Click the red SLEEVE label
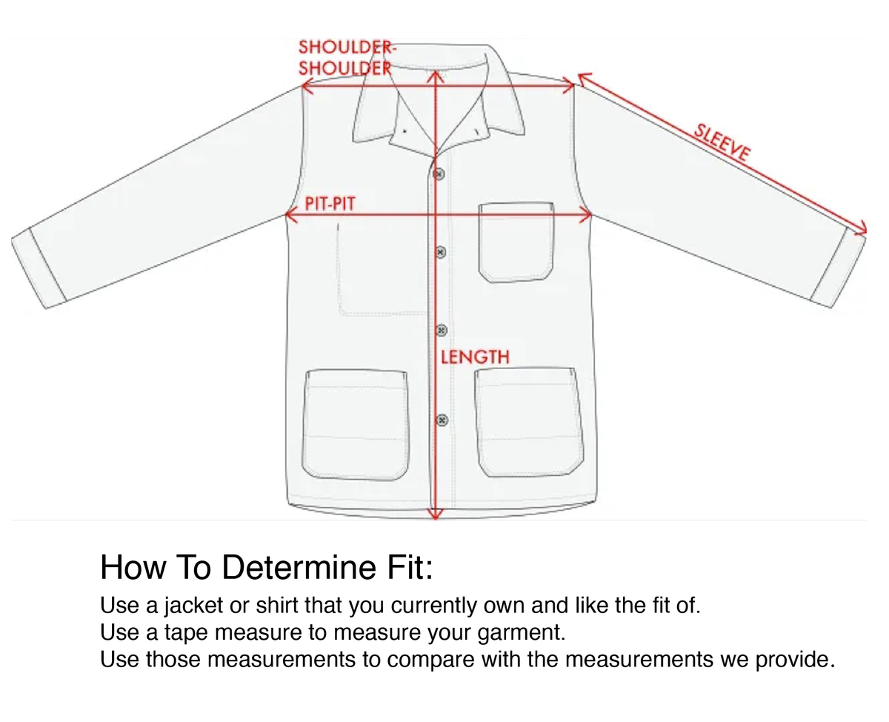coord(722,142)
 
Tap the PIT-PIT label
coord(330,204)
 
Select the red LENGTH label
coord(475,357)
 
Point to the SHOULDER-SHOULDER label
coord(346,58)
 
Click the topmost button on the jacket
coord(439,173)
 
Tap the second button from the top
coord(440,252)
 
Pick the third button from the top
coord(441,331)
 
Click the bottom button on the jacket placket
coord(442,420)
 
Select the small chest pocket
coord(516,242)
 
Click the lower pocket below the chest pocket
coord(529,422)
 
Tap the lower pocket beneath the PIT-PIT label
coord(355,425)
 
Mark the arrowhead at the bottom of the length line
coord(436,514)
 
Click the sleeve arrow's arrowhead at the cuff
coord(861,228)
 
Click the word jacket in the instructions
coord(193,606)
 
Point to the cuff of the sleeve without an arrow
coord(39,268)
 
